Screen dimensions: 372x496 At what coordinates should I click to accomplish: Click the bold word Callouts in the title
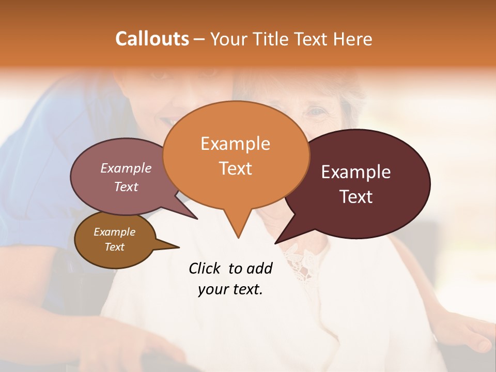[x=152, y=39]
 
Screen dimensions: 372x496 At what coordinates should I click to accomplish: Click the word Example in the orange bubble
[x=235, y=143]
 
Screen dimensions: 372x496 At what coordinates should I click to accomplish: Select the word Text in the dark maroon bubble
[x=357, y=197]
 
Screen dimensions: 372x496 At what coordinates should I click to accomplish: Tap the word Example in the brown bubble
[x=114, y=232]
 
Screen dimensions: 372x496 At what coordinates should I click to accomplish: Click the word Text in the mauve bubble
[x=126, y=187]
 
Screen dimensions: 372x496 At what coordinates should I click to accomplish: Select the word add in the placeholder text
[x=259, y=268]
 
